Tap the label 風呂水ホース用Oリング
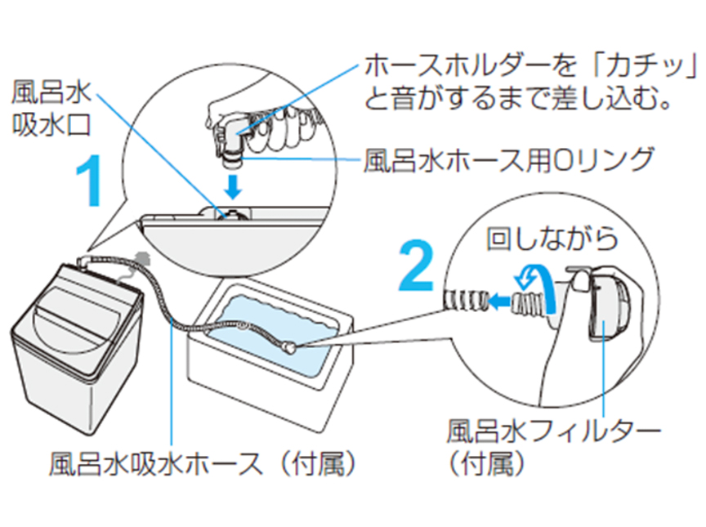pyautogui.click(x=507, y=159)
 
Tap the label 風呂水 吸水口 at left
pyautogui.click(x=46, y=107)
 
